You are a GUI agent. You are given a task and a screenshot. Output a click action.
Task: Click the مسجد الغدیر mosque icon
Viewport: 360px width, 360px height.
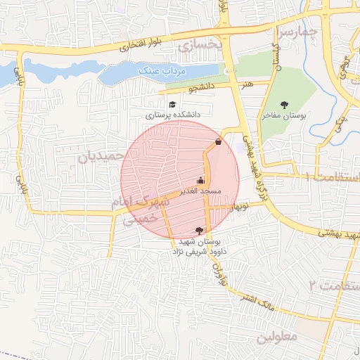coord(201,179)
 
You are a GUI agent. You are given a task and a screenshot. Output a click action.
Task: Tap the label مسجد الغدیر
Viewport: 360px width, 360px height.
coord(201,191)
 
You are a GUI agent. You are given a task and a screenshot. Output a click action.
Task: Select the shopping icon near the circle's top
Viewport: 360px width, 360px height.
coord(218,142)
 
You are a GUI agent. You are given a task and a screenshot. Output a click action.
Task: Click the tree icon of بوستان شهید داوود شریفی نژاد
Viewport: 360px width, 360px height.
coord(200,231)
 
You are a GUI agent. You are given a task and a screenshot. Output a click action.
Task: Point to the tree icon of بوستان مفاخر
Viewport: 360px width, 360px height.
coord(284,105)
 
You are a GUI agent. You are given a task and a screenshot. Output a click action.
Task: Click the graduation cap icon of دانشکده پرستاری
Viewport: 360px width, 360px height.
coord(172,105)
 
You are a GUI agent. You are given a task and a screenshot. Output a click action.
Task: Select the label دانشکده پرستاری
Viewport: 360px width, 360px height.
coord(173,114)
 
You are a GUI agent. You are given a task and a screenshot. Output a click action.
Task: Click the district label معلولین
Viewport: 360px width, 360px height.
coord(277,336)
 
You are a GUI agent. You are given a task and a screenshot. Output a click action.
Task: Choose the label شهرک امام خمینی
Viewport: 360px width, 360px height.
coord(141,210)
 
